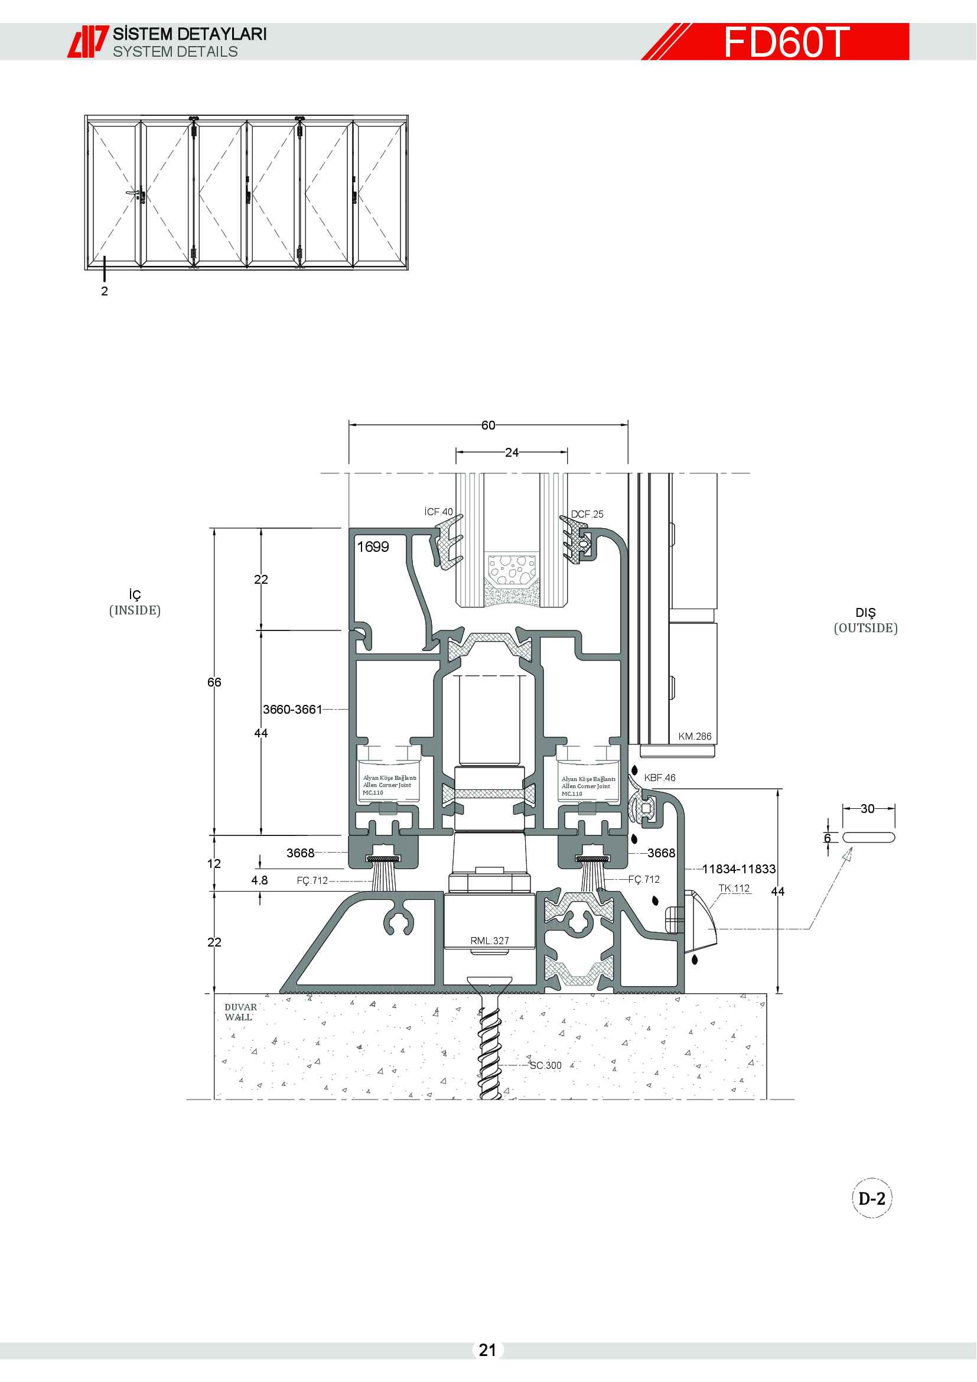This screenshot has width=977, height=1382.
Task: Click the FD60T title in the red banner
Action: tap(786, 42)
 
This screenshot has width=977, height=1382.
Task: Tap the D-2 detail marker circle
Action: tap(872, 1198)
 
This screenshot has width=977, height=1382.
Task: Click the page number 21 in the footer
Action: tap(487, 1350)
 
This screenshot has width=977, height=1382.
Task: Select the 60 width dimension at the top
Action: tap(488, 425)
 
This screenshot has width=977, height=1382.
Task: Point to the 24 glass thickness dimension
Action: tap(512, 452)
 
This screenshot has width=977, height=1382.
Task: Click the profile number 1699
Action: tap(373, 547)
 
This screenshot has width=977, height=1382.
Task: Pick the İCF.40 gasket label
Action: tap(438, 512)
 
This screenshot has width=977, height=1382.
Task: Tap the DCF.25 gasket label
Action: tap(587, 514)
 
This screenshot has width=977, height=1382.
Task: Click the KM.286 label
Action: tap(695, 736)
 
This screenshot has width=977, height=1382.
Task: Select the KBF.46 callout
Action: tap(660, 778)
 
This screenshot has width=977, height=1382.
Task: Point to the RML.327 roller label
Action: tap(490, 941)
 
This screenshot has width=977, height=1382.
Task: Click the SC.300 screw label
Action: tap(546, 1065)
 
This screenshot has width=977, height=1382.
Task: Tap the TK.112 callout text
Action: tap(735, 889)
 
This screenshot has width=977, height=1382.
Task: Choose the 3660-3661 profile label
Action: tap(292, 709)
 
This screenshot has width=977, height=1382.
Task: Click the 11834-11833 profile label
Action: tap(739, 869)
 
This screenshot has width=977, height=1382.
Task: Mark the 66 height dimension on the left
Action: tap(214, 682)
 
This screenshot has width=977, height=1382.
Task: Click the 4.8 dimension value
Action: tap(259, 880)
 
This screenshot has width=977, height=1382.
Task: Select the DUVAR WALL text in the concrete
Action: tap(240, 1012)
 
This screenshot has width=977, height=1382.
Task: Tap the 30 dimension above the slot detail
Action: tap(868, 808)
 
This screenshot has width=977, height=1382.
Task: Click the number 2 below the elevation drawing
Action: tap(105, 291)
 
